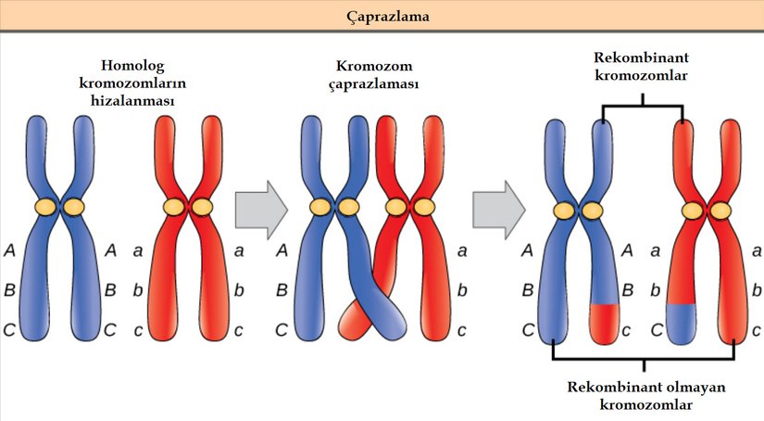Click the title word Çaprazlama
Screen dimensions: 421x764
coord(382,16)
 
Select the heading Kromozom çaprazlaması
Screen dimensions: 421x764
coord(375,75)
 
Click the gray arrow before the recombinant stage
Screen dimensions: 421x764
coord(498,208)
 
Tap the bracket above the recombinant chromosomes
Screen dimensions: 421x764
coord(643,106)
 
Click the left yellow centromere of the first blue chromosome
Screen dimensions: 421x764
coord(46,206)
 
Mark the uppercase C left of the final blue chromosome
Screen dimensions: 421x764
coord(526,328)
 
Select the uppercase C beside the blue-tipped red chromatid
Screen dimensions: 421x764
coord(656,328)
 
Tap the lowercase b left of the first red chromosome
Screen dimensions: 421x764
coord(137,289)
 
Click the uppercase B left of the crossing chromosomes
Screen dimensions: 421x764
coord(282,289)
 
